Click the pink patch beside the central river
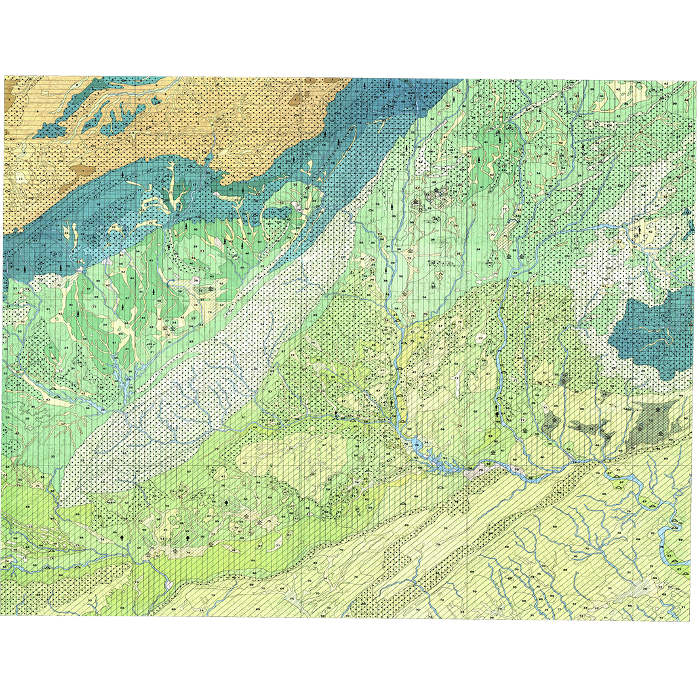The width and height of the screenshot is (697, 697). (488, 464)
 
